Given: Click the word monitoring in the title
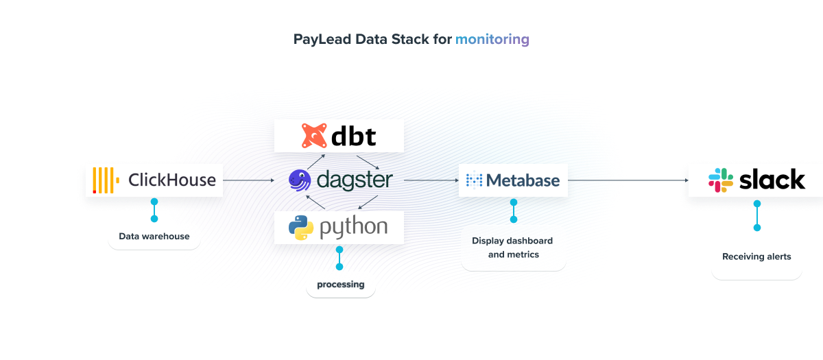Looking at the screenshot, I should (492, 39).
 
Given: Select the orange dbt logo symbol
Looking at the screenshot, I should (314, 136).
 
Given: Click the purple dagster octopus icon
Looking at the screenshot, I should (299, 180).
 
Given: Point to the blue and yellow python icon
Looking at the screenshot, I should (300, 228).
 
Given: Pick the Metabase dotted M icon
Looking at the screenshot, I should (474, 180).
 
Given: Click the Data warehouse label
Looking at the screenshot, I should (154, 237).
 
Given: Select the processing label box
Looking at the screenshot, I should (340, 284).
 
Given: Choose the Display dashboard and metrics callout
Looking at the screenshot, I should (513, 248).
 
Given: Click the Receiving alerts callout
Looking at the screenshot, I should (756, 256).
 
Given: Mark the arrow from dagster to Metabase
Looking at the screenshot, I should (431, 180).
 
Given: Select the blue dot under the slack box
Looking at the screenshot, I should (757, 204).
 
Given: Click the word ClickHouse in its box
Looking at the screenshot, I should (172, 180).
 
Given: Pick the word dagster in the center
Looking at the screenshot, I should (355, 180).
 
